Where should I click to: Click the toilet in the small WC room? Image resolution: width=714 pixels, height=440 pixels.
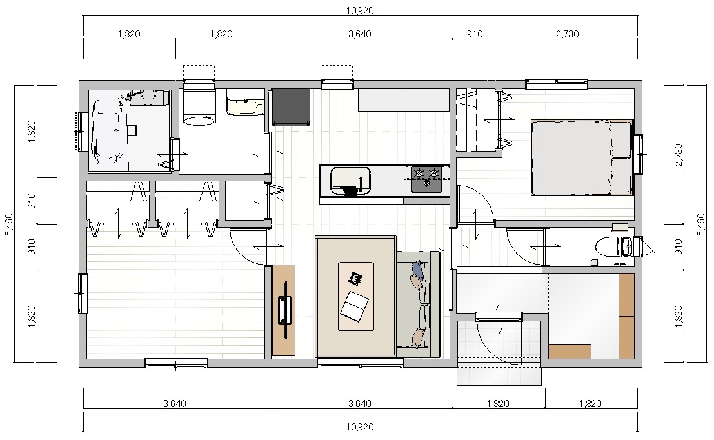point(614,247)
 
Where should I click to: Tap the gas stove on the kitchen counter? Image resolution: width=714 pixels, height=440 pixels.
point(427,179)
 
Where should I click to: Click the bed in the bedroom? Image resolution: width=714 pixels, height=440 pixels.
point(582,157)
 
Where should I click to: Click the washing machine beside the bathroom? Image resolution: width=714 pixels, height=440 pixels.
point(199,108)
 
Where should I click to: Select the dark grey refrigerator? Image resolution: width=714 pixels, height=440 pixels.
point(291,108)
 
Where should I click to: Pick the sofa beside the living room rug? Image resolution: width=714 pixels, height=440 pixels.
point(418,305)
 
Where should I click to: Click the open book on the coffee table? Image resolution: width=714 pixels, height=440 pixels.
point(354,306)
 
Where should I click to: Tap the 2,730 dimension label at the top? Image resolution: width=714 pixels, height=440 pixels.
point(568,34)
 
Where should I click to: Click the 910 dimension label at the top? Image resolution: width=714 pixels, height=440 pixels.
point(475,34)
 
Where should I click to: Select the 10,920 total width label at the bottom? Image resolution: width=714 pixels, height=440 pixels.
point(360,427)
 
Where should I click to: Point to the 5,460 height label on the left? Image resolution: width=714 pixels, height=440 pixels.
point(10,225)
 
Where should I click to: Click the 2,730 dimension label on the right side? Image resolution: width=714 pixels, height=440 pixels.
point(678,155)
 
